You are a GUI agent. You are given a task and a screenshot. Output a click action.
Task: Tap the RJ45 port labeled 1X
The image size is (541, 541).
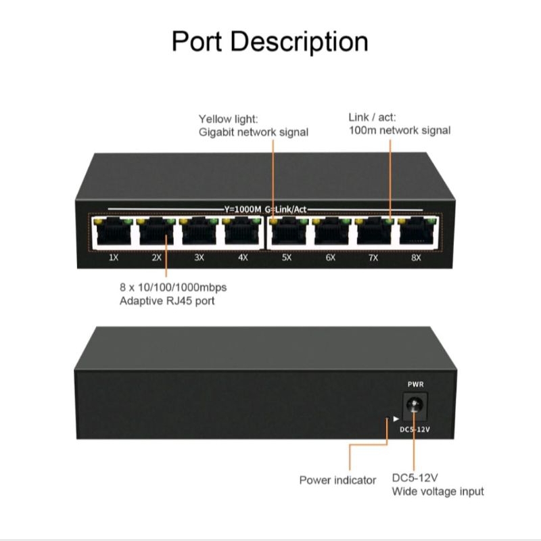[112, 233]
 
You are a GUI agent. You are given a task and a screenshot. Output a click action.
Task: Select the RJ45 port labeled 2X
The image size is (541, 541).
[156, 233]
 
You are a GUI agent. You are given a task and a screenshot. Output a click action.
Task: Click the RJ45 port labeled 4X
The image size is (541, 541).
[241, 233]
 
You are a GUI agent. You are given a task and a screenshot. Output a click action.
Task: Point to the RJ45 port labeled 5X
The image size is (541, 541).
[287, 233]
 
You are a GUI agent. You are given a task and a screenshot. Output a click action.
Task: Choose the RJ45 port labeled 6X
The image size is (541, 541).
[331, 233]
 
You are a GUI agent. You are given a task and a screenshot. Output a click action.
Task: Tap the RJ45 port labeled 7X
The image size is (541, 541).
[373, 233]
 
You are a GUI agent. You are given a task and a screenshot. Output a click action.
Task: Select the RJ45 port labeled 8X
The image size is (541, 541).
[416, 233]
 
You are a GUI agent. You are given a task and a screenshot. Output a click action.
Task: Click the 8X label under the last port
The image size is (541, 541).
[416, 258]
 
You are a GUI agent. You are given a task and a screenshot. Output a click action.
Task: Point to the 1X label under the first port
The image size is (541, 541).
[114, 258]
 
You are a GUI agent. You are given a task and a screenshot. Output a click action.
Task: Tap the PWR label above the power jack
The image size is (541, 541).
[415, 384]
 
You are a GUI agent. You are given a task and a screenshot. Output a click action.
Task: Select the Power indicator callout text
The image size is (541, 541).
[337, 480]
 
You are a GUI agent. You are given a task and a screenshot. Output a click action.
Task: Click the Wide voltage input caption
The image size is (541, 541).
[438, 492]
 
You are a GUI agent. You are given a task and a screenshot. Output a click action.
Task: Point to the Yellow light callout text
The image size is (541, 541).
[227, 119]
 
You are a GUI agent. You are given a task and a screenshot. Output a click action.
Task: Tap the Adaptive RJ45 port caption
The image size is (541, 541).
[166, 300]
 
